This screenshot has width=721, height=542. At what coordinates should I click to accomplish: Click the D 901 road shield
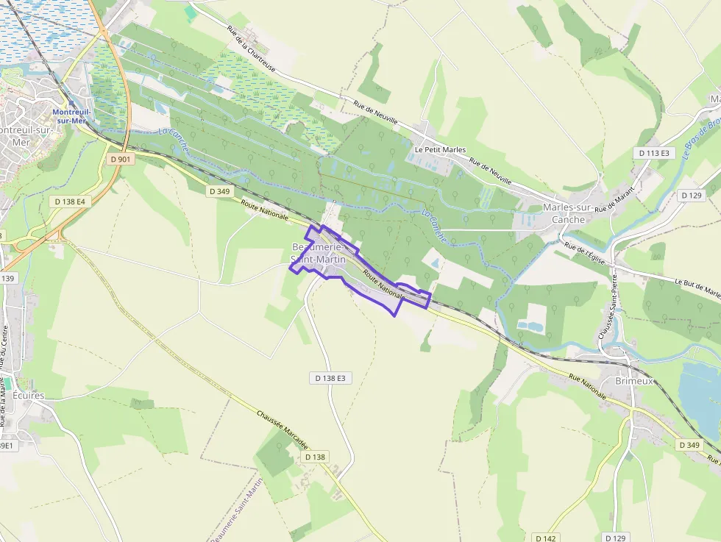click(x=119, y=159)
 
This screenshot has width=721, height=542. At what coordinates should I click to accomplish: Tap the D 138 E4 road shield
click(x=70, y=201)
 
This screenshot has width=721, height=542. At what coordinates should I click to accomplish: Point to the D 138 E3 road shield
click(x=330, y=378)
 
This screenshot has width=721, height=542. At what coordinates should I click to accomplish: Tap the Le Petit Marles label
click(x=440, y=149)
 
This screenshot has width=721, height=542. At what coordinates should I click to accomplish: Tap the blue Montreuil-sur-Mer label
click(x=73, y=116)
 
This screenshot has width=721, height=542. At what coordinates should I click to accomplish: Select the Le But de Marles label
click(x=697, y=288)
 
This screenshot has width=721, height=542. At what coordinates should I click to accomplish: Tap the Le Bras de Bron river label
click(x=700, y=140)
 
